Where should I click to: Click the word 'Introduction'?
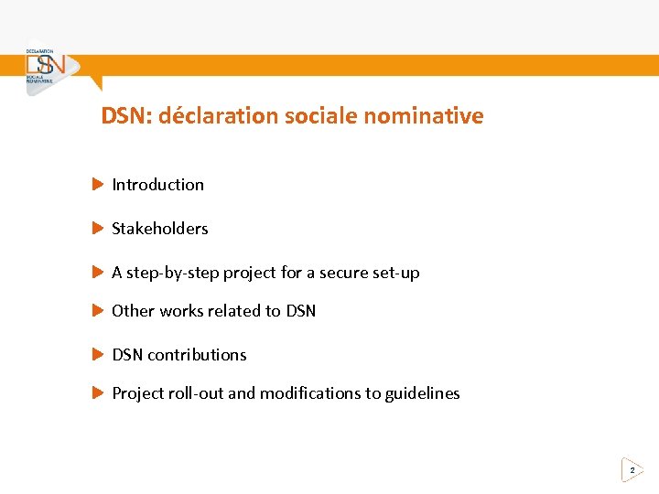pos(157,185)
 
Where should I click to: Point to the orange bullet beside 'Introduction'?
pos(99,184)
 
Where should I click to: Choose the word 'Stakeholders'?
pos(159,229)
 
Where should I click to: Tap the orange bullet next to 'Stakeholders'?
pos(99,228)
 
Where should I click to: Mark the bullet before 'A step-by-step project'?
pos(99,272)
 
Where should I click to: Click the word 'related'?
pos(234,311)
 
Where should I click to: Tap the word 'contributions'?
pos(197,355)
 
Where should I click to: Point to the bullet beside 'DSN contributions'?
pos(99,354)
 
